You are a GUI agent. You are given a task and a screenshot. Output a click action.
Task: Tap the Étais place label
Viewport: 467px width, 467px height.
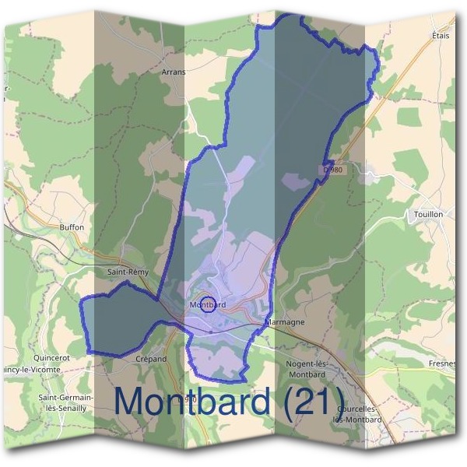tap(441, 36)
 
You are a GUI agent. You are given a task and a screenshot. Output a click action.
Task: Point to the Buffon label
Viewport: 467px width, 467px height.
tap(71, 227)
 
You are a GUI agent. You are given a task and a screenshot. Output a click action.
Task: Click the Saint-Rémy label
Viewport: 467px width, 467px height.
tap(127, 272)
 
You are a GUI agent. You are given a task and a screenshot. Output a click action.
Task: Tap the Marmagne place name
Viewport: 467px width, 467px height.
tap(284, 321)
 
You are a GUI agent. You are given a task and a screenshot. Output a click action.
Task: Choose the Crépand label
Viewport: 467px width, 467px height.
tap(152, 359)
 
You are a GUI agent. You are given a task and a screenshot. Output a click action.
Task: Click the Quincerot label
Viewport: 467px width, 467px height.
tap(52, 358)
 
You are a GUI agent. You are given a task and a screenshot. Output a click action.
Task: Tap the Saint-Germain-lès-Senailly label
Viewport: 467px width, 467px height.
tap(66, 402)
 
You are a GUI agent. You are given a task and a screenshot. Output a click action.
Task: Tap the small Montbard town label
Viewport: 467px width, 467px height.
tap(208, 305)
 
